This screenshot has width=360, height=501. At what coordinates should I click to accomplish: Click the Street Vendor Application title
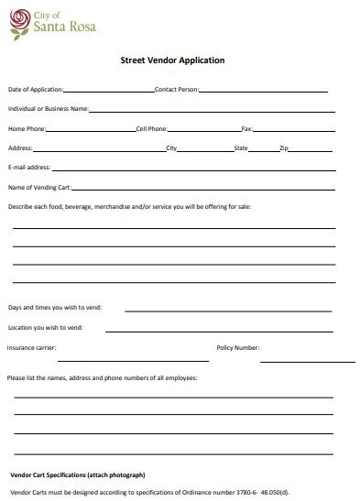[173, 60]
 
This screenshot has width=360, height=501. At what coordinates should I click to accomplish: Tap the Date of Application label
[36, 90]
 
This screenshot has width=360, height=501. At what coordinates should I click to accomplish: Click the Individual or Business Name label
[48, 109]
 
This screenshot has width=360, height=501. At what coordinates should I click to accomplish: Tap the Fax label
[246, 128]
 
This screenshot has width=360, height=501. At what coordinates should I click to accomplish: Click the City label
[170, 147]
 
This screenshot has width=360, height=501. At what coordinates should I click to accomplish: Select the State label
[241, 147]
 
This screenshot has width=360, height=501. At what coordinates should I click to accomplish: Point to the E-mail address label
[29, 168]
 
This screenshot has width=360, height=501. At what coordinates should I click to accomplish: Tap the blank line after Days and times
[229, 310]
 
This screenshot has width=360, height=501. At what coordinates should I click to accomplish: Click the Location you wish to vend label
[46, 327]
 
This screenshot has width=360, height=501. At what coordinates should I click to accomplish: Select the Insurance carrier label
[31, 348]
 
